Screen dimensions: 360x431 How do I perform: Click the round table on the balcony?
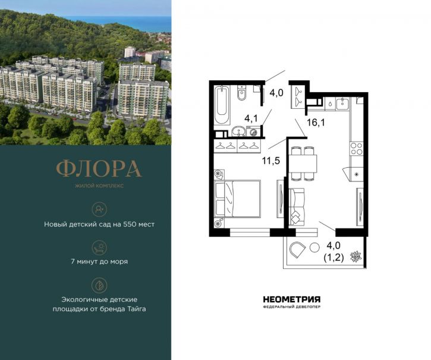click(x=314, y=249)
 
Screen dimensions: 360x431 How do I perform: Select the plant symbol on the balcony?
click(x=356, y=255)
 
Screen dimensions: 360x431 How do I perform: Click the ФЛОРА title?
click(x=99, y=169)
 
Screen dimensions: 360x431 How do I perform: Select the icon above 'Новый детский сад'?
click(x=99, y=208)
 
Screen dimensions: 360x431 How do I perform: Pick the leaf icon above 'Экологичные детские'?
click(x=99, y=284)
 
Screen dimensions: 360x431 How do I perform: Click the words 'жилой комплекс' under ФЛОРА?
click(x=99, y=186)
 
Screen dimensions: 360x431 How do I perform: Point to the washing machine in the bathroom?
click(x=254, y=132)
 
